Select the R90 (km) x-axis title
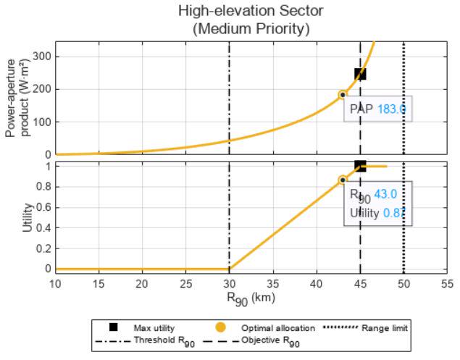[251, 298]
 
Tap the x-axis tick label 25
[185, 282]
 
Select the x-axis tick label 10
[56, 282]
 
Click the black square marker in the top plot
[360, 74]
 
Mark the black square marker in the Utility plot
[360, 166]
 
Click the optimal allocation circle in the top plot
[343, 94]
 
